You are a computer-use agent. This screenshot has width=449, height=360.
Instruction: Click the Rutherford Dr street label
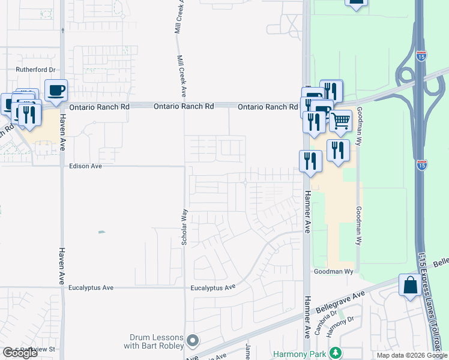click(x=35, y=70)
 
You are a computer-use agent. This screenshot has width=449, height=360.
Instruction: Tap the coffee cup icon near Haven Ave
click(x=56, y=91)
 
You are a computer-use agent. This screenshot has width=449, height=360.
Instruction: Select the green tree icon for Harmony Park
click(x=337, y=353)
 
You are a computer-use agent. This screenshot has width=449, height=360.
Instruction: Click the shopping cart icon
click(x=340, y=121)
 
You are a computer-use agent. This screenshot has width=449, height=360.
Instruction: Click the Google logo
click(x=20, y=353)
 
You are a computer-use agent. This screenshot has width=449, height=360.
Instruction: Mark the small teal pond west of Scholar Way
click(x=101, y=232)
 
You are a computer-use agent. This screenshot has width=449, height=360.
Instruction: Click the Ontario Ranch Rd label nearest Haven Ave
click(x=99, y=107)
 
